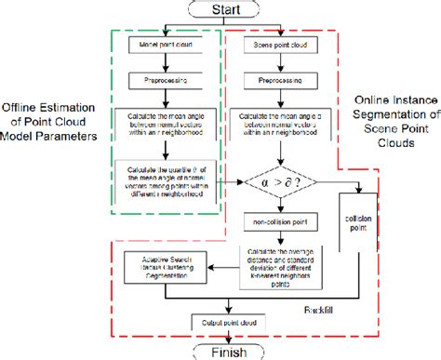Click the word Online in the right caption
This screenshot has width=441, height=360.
click(372, 100)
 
